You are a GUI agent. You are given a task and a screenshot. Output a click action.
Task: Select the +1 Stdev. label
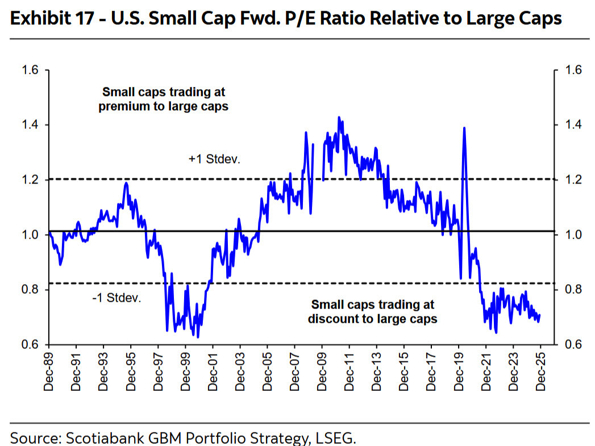pos(214,160)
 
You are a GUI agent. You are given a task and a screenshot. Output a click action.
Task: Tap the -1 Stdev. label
pos(115,297)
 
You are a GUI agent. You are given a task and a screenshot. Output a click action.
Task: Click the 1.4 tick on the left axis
pos(29,125)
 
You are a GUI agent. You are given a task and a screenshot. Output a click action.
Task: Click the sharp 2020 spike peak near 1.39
pos(464,128)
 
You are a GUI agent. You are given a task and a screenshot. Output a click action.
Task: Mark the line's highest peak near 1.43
pos(339,118)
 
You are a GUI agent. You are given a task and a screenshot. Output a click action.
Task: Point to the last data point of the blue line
pos(539,315)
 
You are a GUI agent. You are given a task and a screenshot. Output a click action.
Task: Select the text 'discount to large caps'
pos(372,319)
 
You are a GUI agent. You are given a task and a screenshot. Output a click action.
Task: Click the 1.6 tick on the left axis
pos(29,70)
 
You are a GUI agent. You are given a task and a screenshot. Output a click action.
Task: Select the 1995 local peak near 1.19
pos(126,183)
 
